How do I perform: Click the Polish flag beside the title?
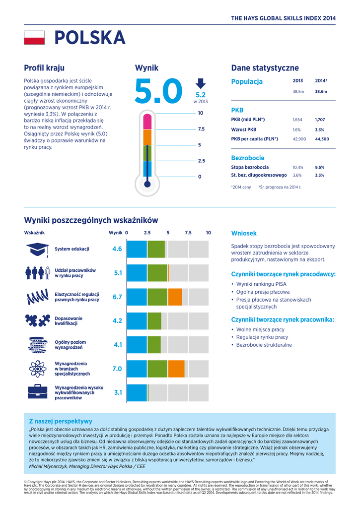(x=34, y=38)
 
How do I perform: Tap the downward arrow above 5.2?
(x=200, y=83)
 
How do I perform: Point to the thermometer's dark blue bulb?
(x=146, y=185)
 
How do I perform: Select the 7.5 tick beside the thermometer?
(x=201, y=129)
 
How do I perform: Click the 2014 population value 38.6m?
(x=321, y=92)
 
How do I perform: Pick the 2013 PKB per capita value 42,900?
(x=299, y=139)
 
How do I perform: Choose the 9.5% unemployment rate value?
(x=319, y=167)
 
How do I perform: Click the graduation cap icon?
(x=37, y=249)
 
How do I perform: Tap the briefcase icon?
(x=37, y=392)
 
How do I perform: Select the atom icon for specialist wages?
(x=37, y=369)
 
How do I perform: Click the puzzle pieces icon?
(x=37, y=320)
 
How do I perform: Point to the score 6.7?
(x=117, y=297)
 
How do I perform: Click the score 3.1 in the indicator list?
(x=118, y=392)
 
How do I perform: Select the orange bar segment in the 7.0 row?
(x=176, y=369)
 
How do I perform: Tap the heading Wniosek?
(x=244, y=233)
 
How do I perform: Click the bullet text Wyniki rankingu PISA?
(x=261, y=284)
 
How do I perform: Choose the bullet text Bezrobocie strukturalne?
(x=264, y=345)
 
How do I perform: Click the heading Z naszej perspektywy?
(x=60, y=421)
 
